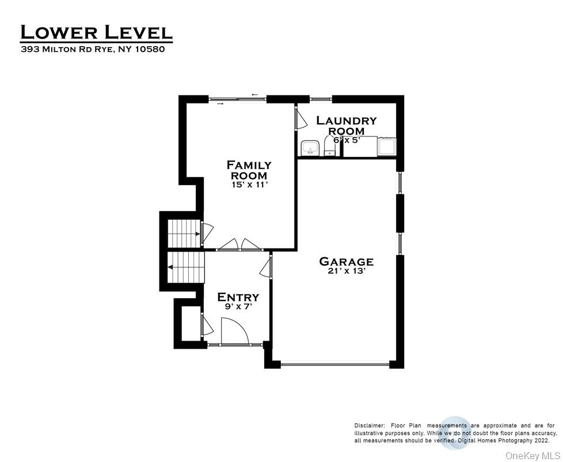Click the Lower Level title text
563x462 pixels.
point(96,32)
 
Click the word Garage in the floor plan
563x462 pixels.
point(346,262)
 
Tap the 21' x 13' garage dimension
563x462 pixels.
point(346,272)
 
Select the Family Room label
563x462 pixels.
point(249,170)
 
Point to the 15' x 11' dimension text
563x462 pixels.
point(249,185)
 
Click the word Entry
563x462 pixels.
point(238,297)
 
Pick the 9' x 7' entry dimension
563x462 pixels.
point(238,307)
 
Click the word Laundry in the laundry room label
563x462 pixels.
point(346,121)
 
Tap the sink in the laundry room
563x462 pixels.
point(310,149)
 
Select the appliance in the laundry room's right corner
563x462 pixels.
point(386,146)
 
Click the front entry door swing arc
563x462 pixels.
point(236,331)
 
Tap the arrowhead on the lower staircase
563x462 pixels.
point(171,267)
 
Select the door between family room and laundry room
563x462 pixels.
point(299,119)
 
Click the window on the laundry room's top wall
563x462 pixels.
point(321,100)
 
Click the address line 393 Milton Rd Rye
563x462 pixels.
point(93,49)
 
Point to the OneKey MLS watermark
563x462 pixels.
point(532,455)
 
